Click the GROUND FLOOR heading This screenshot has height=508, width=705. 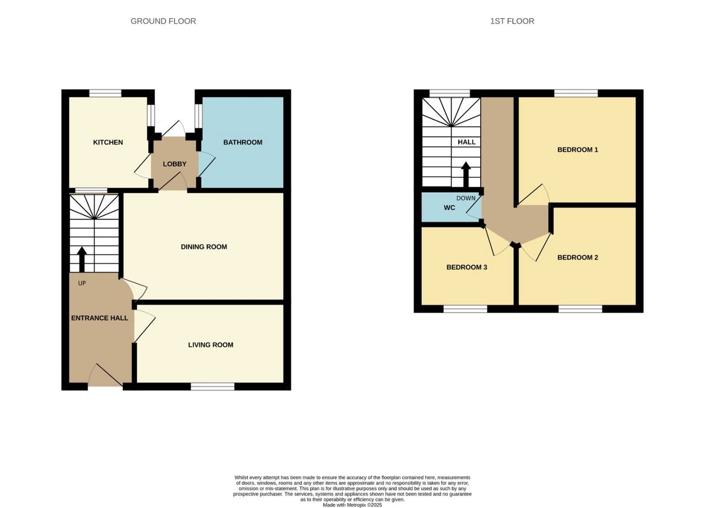[163, 21]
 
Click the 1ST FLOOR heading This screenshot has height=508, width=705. [512, 21]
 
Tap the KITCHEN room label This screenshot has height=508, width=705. [108, 142]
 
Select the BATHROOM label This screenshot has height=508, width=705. [243, 142]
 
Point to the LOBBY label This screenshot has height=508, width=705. [175, 164]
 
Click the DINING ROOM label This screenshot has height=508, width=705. [204, 247]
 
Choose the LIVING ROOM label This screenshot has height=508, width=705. [210, 345]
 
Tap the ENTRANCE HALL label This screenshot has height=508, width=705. [100, 318]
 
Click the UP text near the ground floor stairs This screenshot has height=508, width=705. [82, 283]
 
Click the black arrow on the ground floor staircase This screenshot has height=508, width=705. [82, 259]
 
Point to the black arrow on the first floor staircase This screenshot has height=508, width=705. [466, 174]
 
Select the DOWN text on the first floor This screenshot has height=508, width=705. [466, 198]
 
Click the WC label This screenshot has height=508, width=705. [449, 207]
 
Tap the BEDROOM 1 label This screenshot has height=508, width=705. [578, 150]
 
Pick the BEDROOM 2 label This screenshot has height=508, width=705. [578, 258]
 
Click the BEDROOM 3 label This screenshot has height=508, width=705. [467, 267]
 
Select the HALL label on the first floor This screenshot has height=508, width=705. [467, 142]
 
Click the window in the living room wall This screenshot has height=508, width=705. [213, 386]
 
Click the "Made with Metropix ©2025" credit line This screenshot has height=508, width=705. [352, 505]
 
